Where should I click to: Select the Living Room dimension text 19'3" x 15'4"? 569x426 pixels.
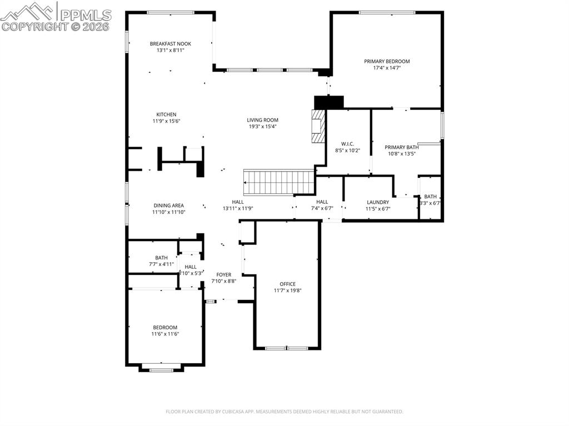263,127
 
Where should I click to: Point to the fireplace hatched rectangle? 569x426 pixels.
318,127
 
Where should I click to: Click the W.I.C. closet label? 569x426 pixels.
348,144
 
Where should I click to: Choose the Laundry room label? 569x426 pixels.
378,202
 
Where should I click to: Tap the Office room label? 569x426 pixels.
287,284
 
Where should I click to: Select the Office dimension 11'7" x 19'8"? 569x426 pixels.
287,290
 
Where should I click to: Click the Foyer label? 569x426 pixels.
224,274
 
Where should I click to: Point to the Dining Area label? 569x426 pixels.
168,206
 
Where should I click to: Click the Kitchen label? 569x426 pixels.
166,114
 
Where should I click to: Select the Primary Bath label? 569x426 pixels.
401,147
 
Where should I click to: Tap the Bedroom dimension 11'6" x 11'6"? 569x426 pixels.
165,334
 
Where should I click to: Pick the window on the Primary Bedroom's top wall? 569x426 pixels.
387,12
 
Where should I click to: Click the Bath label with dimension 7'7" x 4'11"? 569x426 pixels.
161,258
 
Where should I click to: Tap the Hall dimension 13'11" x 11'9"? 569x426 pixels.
238,209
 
